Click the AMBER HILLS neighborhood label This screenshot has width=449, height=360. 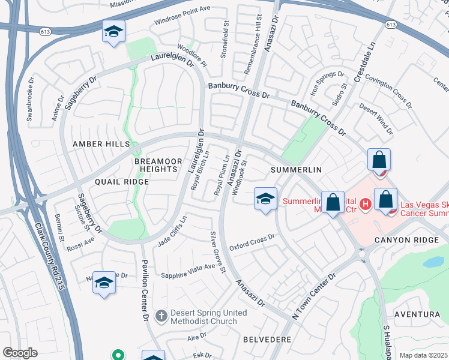pos(101,145)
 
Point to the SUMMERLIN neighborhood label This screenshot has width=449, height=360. pos(297,170)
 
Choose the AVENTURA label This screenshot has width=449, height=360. pos(417,314)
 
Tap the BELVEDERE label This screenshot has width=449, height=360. pos(267,340)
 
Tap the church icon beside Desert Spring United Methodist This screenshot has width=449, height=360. pos(161,315)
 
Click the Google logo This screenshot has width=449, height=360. pos(20,353)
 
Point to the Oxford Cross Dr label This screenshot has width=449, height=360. pos(252,243)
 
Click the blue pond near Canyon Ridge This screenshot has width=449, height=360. pos(435,262)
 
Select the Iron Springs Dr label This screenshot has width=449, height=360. pos(328,85)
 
